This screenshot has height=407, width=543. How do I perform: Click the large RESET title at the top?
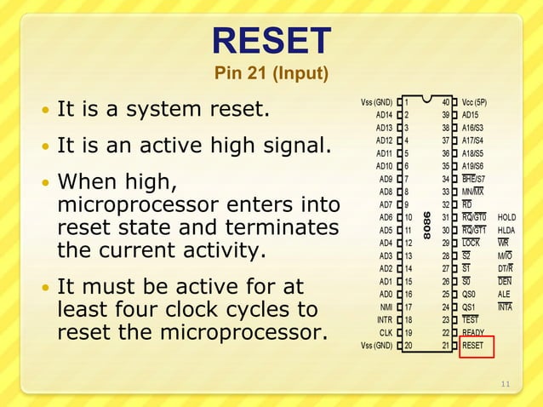271,41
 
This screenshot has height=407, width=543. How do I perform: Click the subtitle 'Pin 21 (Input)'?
271,74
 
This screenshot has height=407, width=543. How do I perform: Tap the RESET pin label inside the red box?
472,346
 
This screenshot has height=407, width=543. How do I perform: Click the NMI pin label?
386,307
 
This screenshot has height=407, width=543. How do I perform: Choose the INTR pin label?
385,320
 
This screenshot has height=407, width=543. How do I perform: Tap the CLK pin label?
386,333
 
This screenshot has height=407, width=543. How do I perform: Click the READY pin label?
473,333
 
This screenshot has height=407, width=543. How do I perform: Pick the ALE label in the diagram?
504,294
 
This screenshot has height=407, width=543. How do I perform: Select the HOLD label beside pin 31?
506,217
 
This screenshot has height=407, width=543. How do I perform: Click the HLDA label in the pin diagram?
506,230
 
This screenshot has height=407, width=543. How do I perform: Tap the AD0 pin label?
386,294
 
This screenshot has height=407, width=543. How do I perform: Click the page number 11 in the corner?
506,384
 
